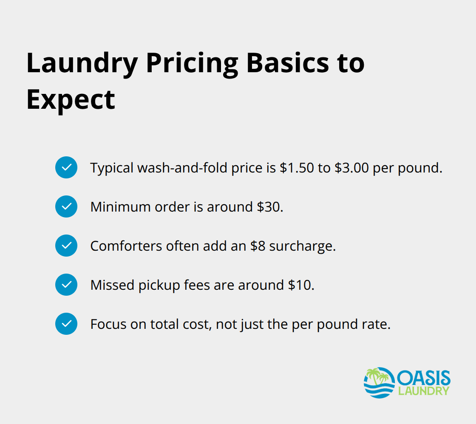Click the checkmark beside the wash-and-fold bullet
(66, 167)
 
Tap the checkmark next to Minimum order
(66, 206)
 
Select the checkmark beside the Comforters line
(66, 246)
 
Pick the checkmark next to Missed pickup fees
(66, 285)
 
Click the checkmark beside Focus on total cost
(66, 324)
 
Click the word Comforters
(119, 246)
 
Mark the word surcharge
(308, 246)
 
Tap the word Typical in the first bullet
(111, 168)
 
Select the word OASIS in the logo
(423, 377)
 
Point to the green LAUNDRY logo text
(423, 391)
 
